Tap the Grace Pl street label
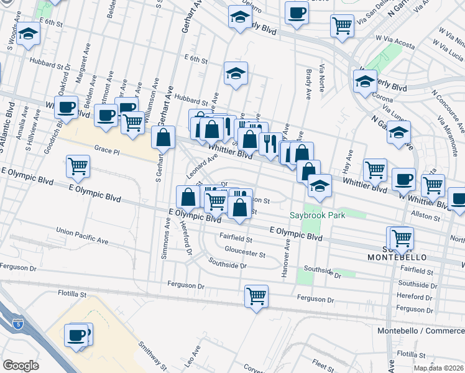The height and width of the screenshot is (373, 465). pos(107,149)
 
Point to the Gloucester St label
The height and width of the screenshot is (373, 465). pos(245,255)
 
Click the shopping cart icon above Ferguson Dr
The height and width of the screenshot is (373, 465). pos(256,296)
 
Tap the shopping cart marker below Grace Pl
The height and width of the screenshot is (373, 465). pos(78,165)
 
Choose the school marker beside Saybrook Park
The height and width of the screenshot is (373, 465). pos(320,186)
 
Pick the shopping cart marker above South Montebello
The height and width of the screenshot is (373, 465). pos(402,237)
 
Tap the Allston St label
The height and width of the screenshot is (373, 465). pos(426,218)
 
